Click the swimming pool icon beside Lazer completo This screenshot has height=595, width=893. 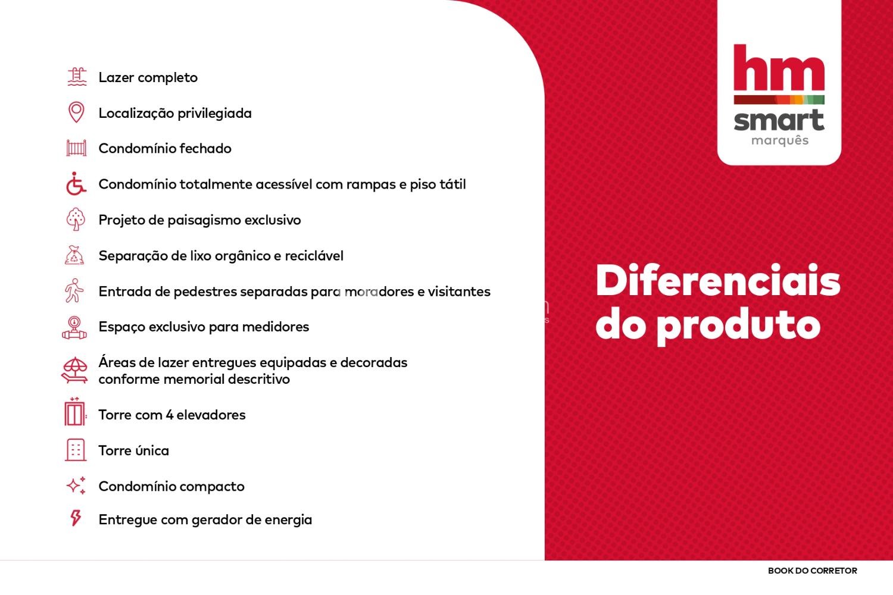[x=77, y=77]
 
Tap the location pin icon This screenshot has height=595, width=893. [x=76, y=112]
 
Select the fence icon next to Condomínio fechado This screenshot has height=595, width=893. [x=76, y=148]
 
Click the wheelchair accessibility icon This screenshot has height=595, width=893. [x=76, y=184]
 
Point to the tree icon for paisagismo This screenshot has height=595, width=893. [x=76, y=219]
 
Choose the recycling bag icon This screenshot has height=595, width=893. [x=74, y=255]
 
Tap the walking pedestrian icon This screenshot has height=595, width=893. [x=74, y=290]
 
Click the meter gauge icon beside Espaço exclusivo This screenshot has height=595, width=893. [x=74, y=328]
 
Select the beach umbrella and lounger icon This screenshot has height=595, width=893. [x=74, y=370]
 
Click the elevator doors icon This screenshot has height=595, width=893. [x=74, y=412]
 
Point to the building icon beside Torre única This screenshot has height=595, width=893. [x=76, y=450]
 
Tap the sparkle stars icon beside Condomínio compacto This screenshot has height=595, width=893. [x=76, y=486]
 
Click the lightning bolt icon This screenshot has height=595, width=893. [x=76, y=518]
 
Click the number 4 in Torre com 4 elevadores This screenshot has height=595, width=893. [x=170, y=415]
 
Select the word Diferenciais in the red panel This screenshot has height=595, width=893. [x=718, y=281]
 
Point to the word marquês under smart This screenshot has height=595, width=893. [x=780, y=141]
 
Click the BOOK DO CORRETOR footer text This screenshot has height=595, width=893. [x=813, y=571]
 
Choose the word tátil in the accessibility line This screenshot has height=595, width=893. [x=452, y=184]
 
